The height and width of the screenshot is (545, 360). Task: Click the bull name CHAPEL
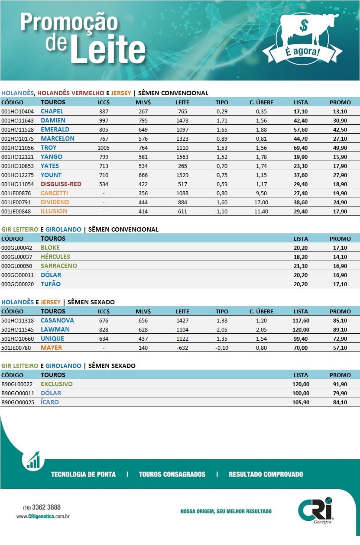click(x=52, y=111)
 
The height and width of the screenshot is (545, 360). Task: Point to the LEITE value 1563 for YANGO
click(x=182, y=157)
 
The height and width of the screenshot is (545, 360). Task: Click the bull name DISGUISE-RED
click(x=61, y=184)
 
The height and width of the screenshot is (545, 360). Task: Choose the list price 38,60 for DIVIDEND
click(x=301, y=202)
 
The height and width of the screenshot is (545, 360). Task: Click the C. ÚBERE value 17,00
click(x=261, y=202)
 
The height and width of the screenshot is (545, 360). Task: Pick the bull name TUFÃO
click(x=51, y=284)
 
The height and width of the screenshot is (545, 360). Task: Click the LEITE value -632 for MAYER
click(x=182, y=348)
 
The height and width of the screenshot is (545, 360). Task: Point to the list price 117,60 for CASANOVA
click(x=301, y=320)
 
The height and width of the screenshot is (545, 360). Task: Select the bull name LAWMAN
click(x=55, y=329)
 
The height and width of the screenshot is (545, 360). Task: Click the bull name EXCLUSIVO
click(x=57, y=384)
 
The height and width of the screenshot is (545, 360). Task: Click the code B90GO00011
click(x=17, y=393)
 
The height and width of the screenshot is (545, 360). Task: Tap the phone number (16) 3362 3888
click(x=42, y=507)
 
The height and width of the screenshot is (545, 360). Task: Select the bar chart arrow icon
click(x=33, y=460)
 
